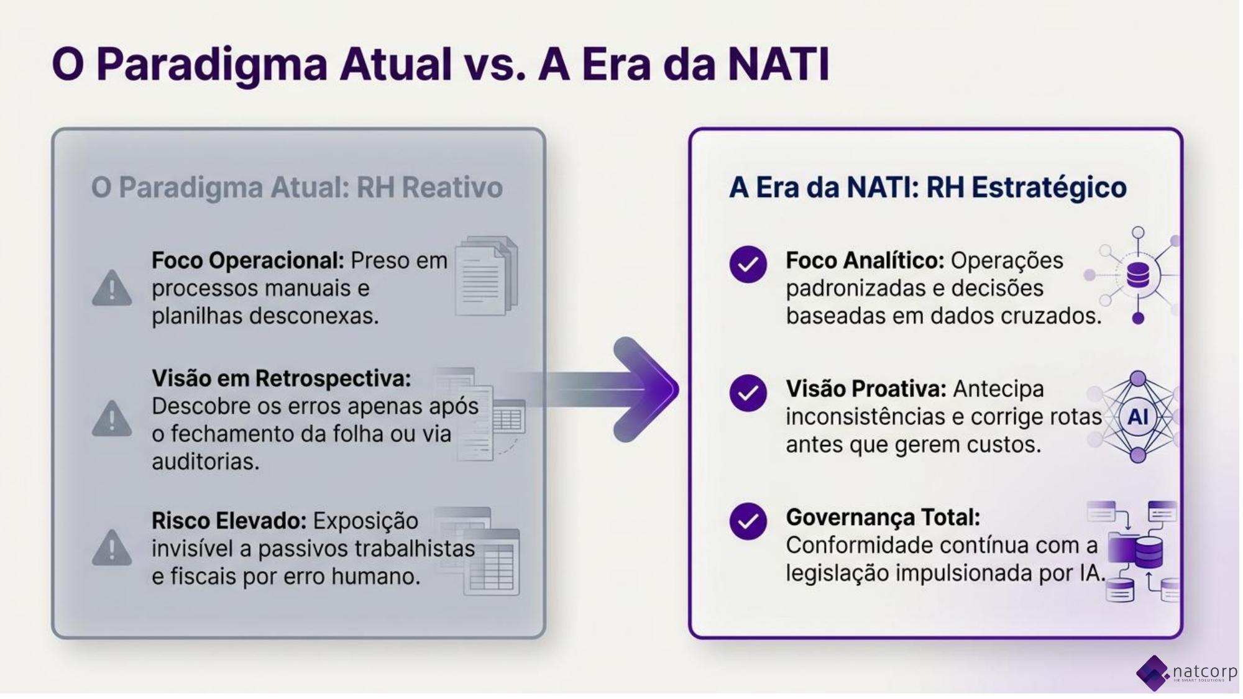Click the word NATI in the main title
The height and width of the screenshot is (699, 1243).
coord(778,63)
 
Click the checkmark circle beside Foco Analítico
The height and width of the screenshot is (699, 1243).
coord(748,265)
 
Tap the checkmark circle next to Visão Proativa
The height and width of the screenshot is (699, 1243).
coord(748,393)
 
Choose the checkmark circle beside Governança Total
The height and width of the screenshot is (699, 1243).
coord(748,521)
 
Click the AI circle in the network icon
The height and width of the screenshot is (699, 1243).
coord(1137,416)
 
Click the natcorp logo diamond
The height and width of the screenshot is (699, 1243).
coord(1153,672)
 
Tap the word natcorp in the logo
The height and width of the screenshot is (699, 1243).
coord(1204,671)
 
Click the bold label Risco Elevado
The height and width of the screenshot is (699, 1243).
coord(229,521)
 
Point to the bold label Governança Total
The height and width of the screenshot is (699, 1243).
coord(883,517)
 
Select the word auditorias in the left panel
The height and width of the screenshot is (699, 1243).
coord(205,462)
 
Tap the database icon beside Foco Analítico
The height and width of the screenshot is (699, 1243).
coord(1138,275)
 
